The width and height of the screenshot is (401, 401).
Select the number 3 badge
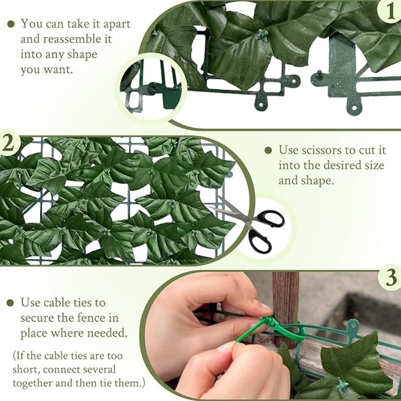click(390, 278)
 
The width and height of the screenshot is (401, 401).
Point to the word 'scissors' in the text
click(320, 150)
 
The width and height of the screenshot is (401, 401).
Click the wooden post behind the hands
click(285, 301)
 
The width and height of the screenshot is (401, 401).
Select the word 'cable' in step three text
click(56, 302)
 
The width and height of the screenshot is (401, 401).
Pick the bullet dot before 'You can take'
click(10, 24)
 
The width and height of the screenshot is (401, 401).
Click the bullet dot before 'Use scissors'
click(269, 150)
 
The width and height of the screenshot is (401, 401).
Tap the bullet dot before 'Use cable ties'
click(10, 302)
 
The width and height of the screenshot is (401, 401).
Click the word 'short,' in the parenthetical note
click(28, 370)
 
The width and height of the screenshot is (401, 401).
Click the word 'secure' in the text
click(37, 317)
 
